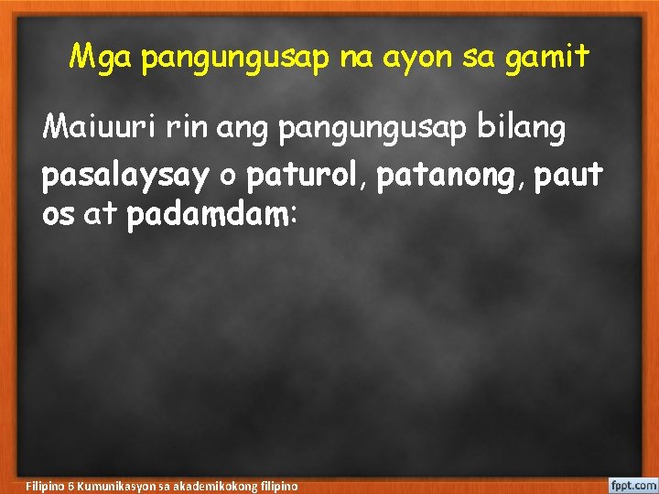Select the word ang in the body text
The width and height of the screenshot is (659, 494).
pyautogui.click(x=245, y=130)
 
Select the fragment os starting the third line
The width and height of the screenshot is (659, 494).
pyautogui.click(x=59, y=218)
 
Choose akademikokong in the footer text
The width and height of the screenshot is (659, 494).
pyautogui.click(x=220, y=485)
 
